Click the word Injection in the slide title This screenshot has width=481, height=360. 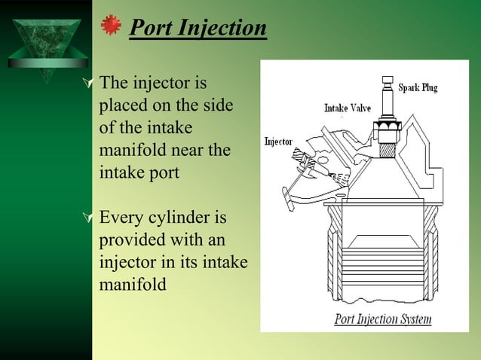pos(222,29)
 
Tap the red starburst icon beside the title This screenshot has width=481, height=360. pos(112,26)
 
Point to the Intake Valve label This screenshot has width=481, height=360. pos(348,108)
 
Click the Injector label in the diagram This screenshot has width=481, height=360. pos(278,141)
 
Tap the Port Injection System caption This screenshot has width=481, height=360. pos(382,319)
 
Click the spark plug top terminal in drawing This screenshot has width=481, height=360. pos(390,80)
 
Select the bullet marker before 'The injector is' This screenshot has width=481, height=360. pos(91,83)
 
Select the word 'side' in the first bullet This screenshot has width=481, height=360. pos(215,105)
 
